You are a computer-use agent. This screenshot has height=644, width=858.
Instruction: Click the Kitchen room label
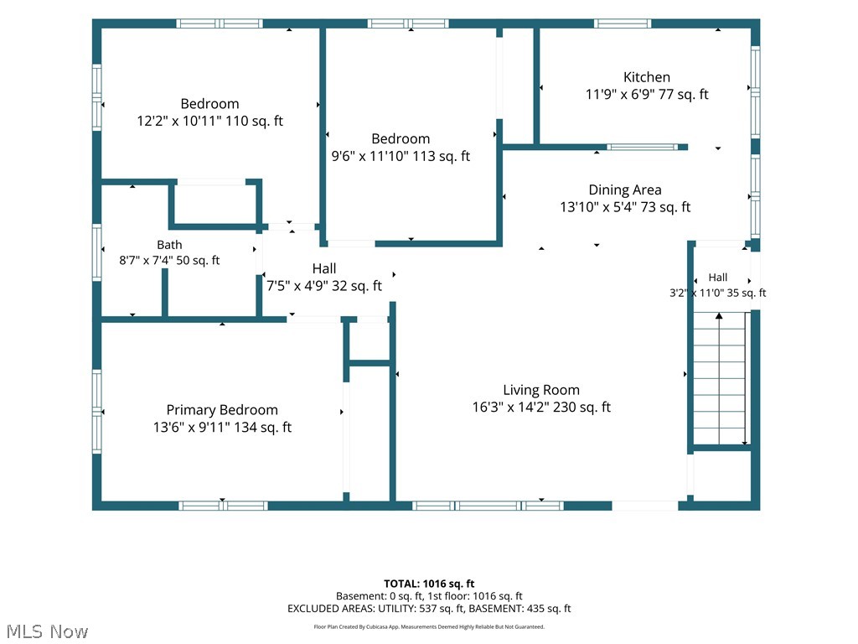click(646, 77)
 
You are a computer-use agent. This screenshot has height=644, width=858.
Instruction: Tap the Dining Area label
click(625, 190)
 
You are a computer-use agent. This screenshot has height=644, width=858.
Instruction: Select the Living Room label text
click(541, 390)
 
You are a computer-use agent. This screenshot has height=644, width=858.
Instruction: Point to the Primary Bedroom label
click(222, 410)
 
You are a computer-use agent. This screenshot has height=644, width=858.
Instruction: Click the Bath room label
click(169, 245)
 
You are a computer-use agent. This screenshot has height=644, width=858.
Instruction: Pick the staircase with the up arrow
click(720, 378)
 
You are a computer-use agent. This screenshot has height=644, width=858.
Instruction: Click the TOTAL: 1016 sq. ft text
click(429, 584)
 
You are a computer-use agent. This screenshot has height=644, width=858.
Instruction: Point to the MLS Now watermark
click(47, 631)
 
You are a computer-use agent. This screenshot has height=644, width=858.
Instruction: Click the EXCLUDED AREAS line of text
click(429, 609)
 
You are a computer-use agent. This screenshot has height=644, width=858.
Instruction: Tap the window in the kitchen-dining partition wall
click(643, 147)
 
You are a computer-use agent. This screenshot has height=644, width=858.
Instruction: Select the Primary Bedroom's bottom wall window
click(223, 506)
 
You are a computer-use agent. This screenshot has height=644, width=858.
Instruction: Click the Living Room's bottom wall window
click(488, 506)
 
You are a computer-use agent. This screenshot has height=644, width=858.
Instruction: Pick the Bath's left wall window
click(97, 252)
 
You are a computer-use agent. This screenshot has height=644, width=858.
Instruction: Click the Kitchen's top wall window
click(623, 23)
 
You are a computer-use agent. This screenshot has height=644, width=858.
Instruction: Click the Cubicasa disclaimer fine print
click(429, 627)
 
